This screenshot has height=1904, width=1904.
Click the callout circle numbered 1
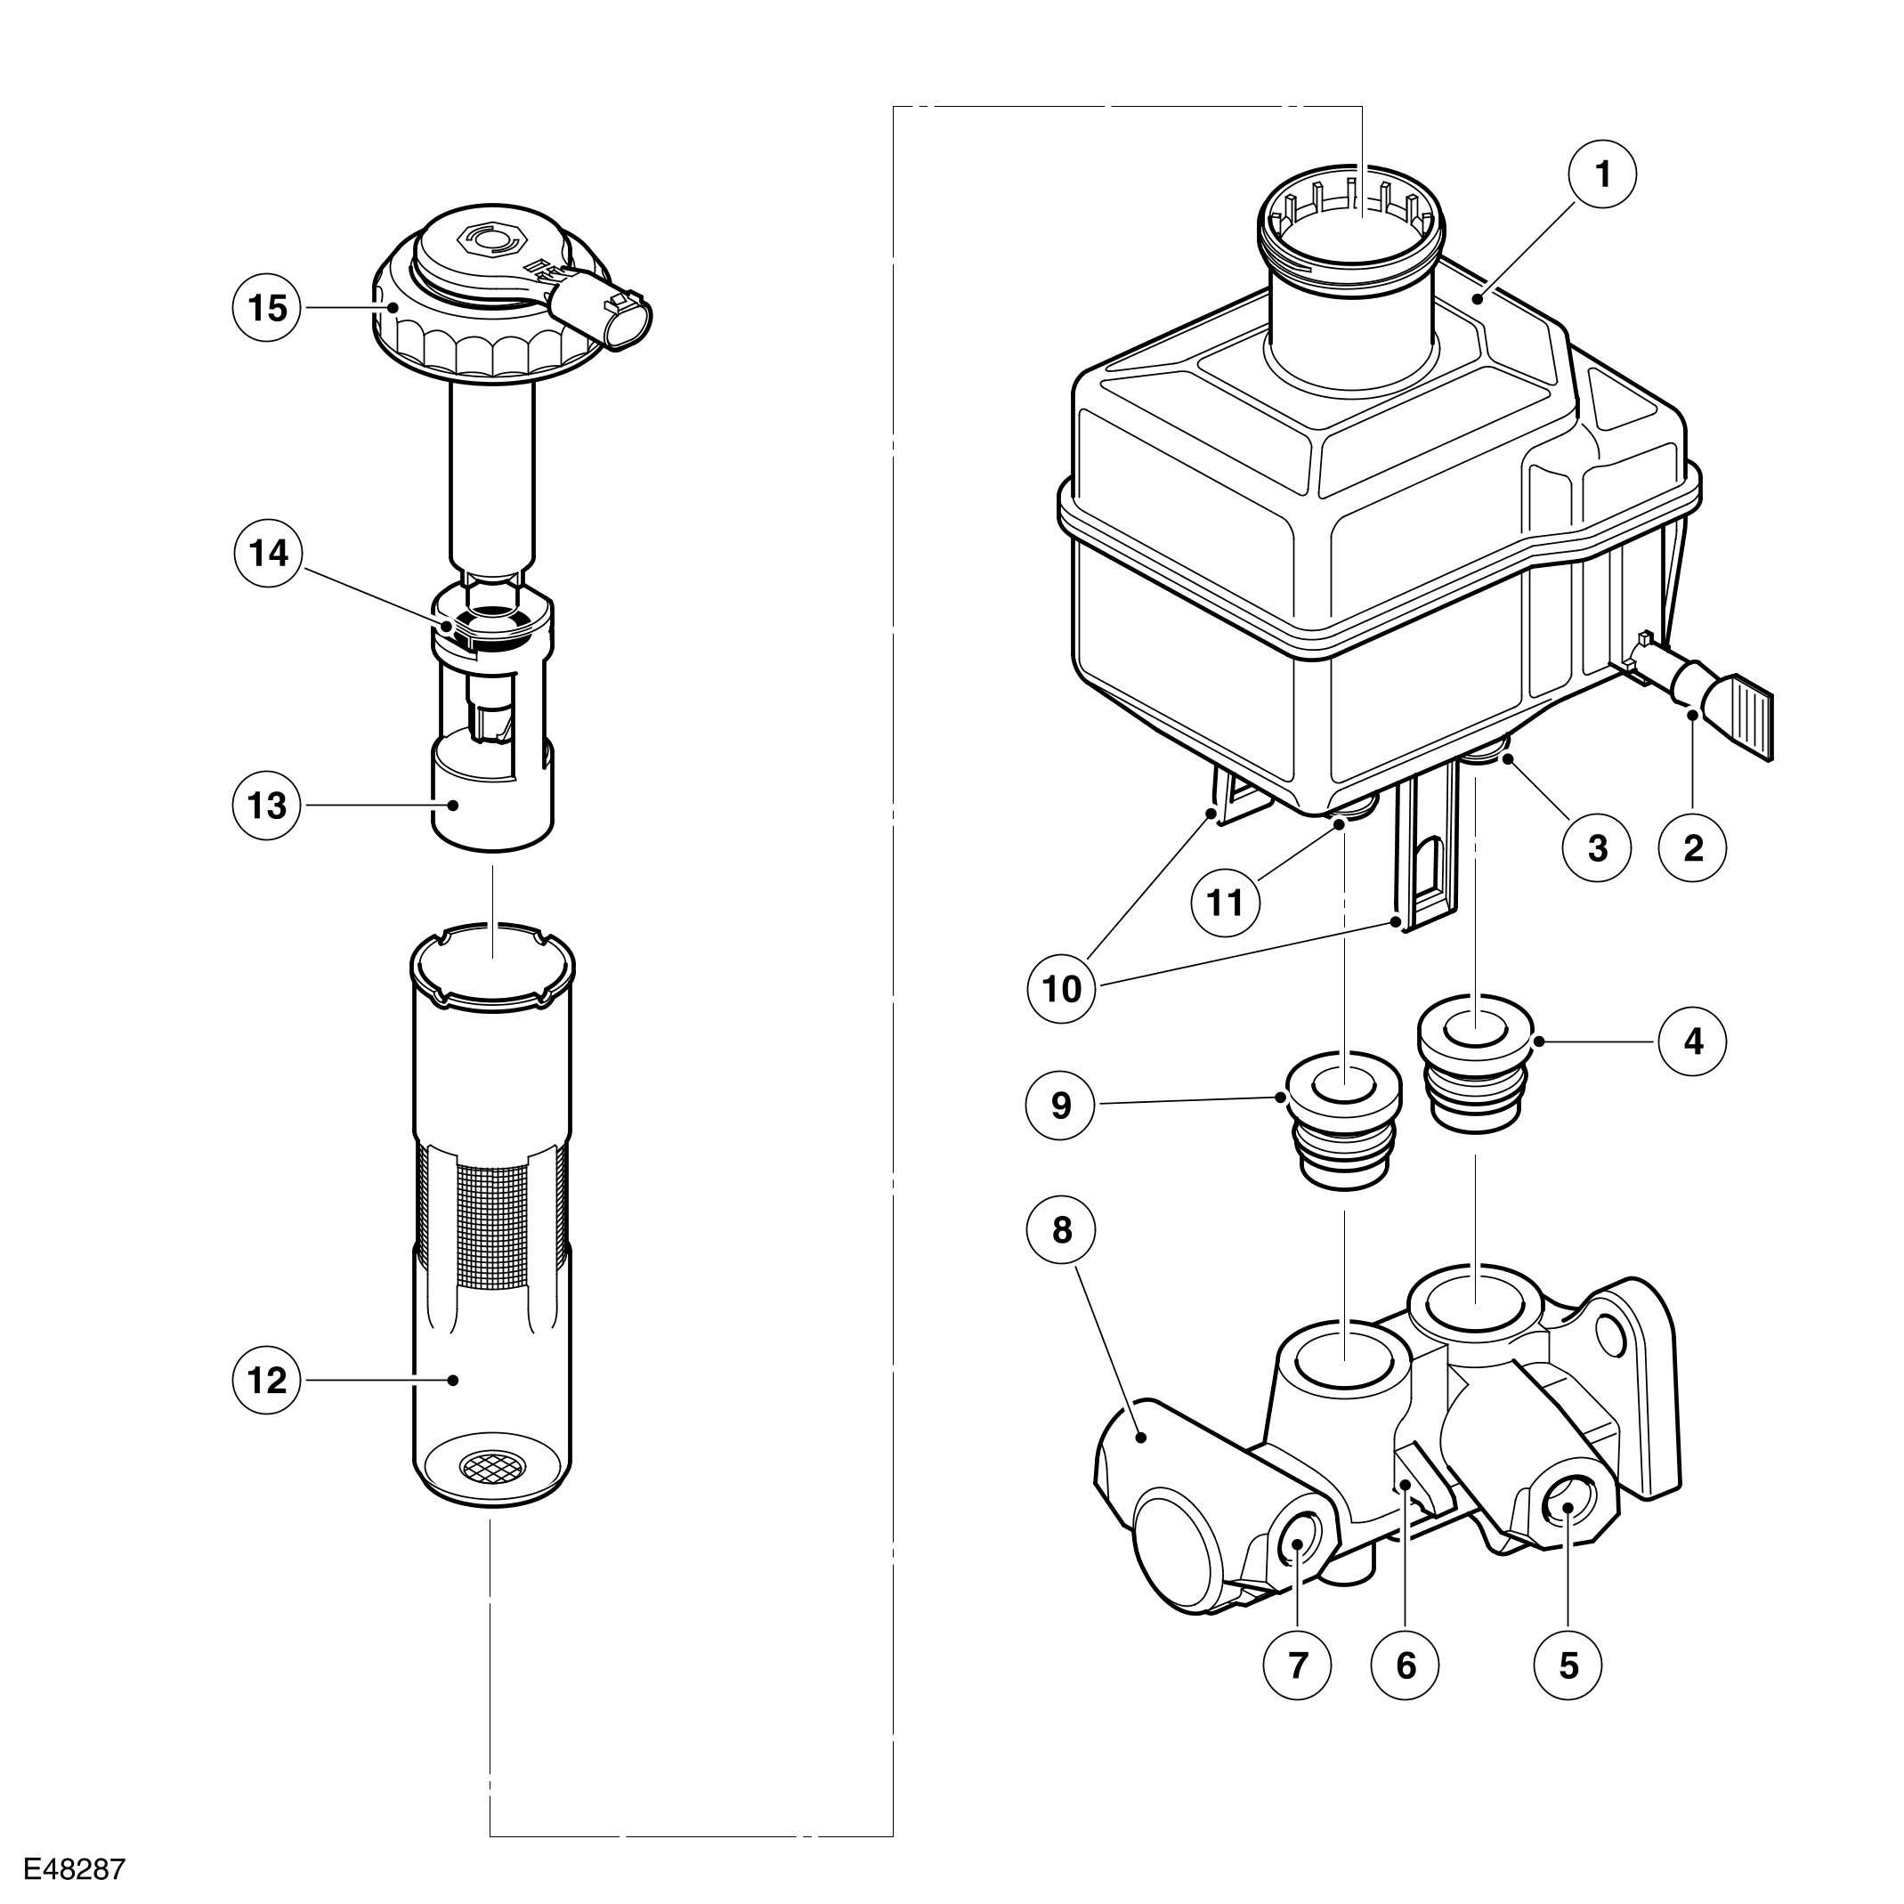click(1602, 174)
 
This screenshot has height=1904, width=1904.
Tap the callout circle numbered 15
click(266, 309)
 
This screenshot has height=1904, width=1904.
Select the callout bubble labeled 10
click(1061, 988)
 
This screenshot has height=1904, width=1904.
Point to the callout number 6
click(1406, 1665)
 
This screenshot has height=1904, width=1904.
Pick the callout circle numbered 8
click(1061, 1230)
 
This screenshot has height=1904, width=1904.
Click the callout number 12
click(266, 1381)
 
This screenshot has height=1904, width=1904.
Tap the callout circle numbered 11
click(1225, 902)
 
